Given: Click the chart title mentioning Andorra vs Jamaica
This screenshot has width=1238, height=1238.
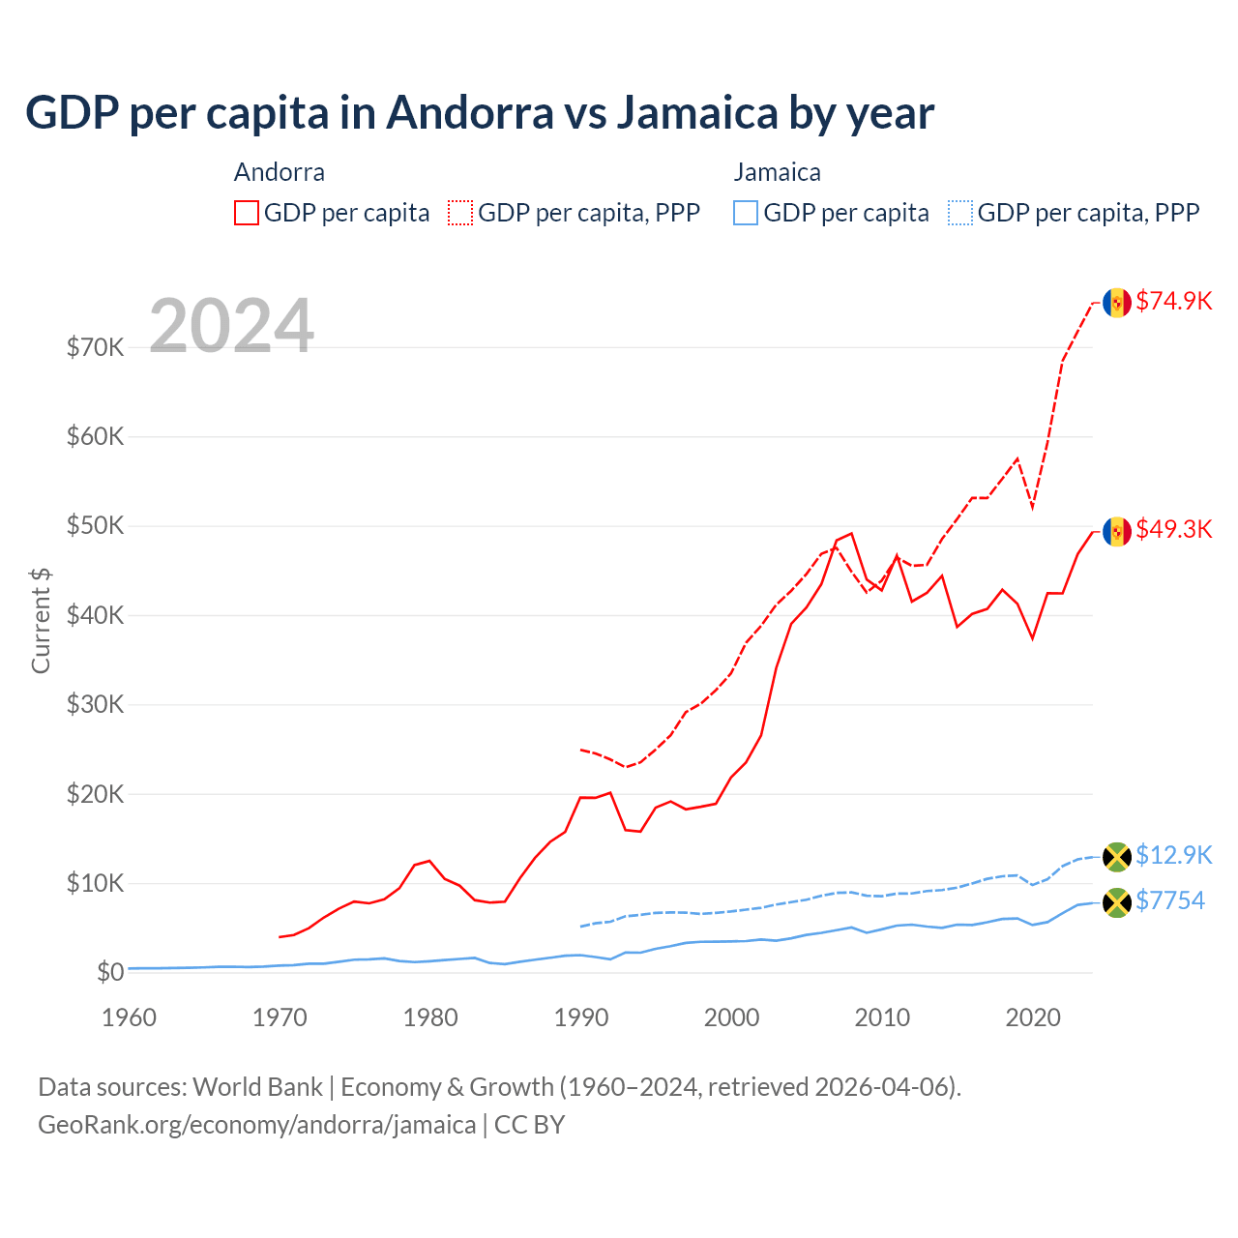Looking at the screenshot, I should (480, 112).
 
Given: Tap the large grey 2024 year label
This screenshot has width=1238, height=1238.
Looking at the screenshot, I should (231, 326).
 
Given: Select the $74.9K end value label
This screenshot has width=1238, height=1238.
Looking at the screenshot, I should (1173, 301).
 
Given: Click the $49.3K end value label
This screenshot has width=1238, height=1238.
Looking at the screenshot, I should (1173, 529).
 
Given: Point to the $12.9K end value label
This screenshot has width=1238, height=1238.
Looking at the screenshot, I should (1173, 855).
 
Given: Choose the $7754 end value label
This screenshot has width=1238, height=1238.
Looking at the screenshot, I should (1170, 900).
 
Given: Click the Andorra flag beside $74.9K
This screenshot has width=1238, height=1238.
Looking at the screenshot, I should (1117, 303).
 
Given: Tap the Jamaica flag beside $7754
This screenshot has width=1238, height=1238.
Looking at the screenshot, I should (1117, 902).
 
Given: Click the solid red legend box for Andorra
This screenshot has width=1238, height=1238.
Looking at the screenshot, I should (247, 213).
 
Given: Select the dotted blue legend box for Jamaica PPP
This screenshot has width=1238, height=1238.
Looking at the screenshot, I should (960, 213).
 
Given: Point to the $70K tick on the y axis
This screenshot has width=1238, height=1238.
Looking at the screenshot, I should (95, 347).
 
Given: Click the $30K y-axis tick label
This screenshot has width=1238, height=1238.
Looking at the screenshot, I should (95, 704).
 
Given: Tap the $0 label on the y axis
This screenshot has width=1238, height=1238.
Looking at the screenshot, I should (110, 972).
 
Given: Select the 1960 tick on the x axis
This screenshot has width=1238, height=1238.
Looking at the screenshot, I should (130, 1017).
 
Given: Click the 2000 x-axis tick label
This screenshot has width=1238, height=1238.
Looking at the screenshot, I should (732, 1017).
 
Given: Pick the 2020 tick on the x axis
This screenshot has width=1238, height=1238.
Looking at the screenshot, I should (1033, 1017).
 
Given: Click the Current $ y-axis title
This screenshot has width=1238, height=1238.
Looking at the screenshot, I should (41, 620).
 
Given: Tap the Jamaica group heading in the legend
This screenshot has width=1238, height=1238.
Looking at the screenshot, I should (777, 172).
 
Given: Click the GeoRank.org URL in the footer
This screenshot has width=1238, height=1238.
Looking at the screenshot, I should (256, 1125).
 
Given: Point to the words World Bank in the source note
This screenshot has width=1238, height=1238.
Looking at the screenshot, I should (257, 1087).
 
